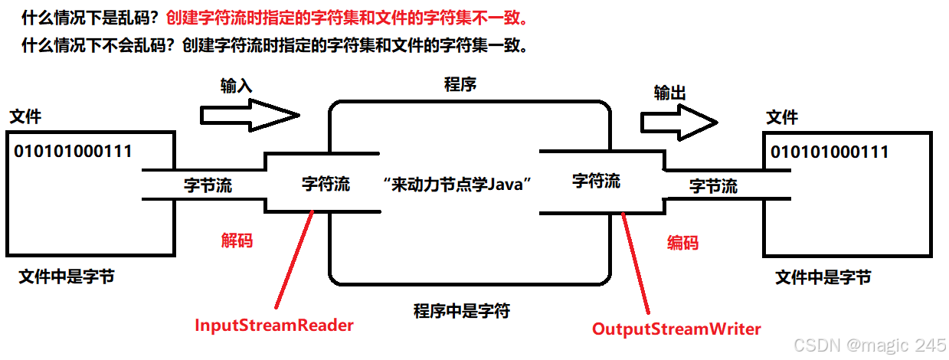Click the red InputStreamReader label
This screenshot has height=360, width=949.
(274, 325)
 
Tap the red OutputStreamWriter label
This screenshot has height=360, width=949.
(676, 329)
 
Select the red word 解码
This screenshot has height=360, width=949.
(237, 241)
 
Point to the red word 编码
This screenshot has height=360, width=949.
(682, 243)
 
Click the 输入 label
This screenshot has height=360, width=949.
(236, 85)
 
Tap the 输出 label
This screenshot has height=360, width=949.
(669, 93)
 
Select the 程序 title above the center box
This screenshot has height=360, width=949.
(460, 84)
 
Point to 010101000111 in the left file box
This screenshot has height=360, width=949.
(73, 151)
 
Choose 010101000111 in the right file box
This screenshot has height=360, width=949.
(830, 152)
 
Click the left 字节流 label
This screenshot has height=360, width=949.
(208, 185)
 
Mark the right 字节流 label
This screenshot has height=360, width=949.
(713, 185)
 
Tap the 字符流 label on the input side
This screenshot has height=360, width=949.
(326, 184)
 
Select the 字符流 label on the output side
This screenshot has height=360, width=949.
(597, 182)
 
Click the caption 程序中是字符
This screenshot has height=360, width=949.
(462, 310)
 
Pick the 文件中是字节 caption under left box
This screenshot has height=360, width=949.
(67, 277)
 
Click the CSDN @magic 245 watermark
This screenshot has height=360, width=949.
(869, 345)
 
